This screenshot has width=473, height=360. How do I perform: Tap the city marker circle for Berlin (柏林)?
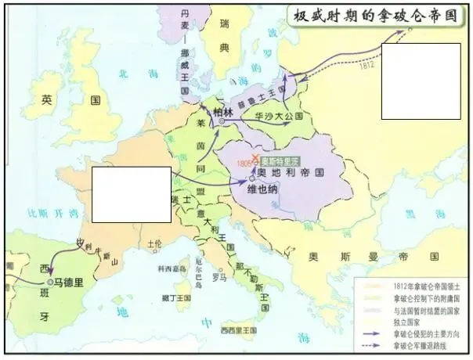(x=222, y=121)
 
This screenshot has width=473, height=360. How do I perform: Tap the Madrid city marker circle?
(x=49, y=280)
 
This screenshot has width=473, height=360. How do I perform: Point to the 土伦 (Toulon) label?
(x=154, y=244)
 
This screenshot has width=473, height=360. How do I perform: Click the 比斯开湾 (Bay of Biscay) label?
(x=45, y=212)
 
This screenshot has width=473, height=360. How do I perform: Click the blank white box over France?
(x=131, y=194)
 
